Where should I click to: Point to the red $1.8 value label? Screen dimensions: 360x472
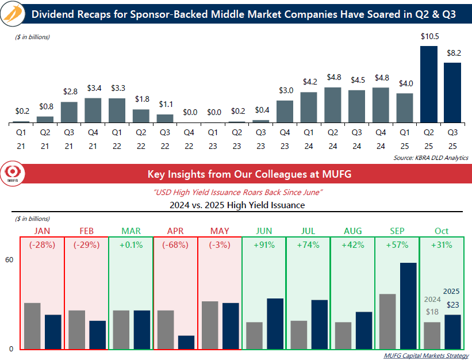click(x=141, y=99)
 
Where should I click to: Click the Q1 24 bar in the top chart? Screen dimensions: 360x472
click(x=309, y=108)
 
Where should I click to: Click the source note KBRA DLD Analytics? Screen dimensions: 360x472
click(x=431, y=158)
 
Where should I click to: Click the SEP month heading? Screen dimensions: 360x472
click(x=397, y=231)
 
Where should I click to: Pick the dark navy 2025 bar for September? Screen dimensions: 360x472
click(x=408, y=306)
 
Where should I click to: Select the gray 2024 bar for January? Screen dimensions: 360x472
click(x=32, y=326)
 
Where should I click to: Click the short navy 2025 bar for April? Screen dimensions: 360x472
click(x=186, y=342)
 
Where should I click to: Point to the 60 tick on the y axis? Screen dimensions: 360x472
click(x=9, y=260)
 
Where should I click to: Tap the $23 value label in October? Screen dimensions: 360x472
click(x=452, y=305)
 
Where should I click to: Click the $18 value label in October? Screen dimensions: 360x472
click(x=432, y=311)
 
